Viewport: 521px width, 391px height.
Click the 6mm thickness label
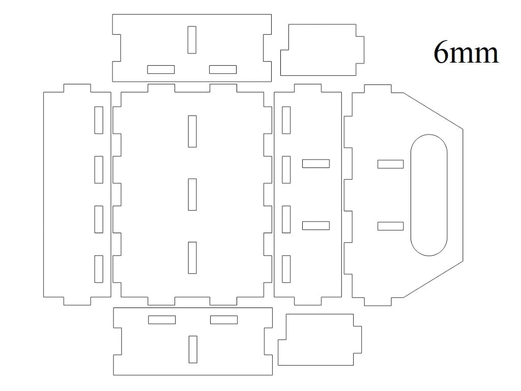click(466, 52)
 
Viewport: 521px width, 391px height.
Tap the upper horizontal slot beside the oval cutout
click(390, 164)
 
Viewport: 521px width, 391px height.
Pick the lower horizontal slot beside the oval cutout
click(390, 226)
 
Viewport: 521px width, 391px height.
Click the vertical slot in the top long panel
click(192, 40)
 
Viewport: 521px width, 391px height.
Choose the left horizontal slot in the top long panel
click(161, 69)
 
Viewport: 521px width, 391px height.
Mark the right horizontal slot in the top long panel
click(223, 69)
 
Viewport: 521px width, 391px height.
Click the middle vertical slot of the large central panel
click(192, 194)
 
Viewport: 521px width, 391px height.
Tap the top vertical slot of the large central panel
click(192, 131)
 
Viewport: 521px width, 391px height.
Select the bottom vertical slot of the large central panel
click(192, 258)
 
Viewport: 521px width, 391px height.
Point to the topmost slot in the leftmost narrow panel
click(99, 120)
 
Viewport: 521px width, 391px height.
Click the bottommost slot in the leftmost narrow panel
click(99, 269)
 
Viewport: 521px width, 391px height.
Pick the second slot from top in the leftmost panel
click(99, 170)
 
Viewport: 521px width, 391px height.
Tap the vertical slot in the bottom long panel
click(193, 349)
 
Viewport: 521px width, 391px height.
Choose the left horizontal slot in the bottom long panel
click(162, 320)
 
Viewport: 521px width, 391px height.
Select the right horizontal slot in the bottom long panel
click(224, 320)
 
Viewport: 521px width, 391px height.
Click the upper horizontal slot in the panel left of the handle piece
click(315, 163)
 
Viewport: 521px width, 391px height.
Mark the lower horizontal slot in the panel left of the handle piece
click(315, 226)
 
